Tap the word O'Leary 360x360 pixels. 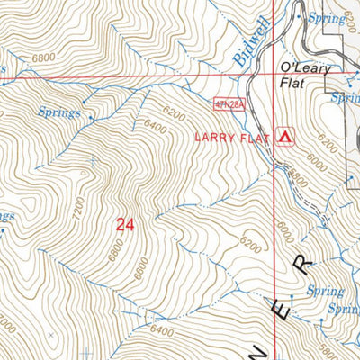[307, 68]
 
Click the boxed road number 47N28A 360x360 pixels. [230, 105]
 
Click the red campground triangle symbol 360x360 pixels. [286, 136]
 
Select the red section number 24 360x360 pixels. [124, 226]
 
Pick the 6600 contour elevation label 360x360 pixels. [139, 267]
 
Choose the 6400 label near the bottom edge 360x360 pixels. [162, 331]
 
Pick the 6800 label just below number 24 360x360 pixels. [115, 251]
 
